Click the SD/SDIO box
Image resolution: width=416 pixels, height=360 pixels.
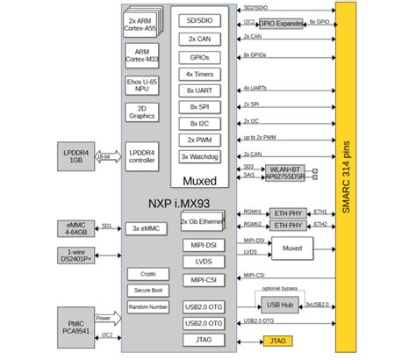point(199,20)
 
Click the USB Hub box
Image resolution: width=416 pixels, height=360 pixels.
point(278,305)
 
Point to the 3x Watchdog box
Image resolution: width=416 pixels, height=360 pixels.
point(199,156)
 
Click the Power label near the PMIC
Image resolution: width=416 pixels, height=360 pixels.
point(104,318)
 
